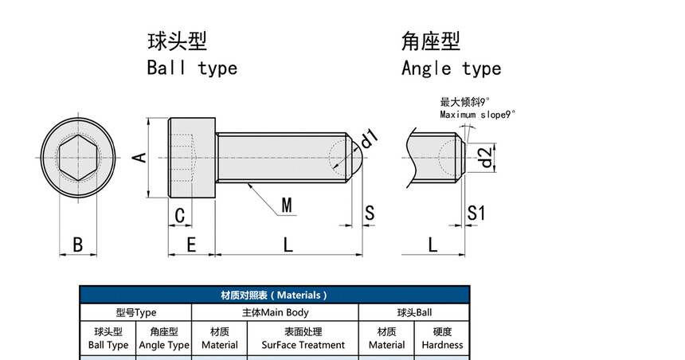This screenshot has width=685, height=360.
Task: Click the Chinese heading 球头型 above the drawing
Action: (177, 41)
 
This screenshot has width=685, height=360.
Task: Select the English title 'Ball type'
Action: (192, 68)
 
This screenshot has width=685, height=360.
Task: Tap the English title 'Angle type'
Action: (451, 68)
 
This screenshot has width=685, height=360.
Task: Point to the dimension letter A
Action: (139, 157)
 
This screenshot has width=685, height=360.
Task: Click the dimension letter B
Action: (78, 245)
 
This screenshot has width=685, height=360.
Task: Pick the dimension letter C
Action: (180, 215)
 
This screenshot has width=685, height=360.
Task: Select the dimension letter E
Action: (191, 245)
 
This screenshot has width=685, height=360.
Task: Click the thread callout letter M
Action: (287, 205)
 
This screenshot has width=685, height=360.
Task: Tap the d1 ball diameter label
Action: (369, 140)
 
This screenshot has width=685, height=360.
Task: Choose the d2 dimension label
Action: (486, 157)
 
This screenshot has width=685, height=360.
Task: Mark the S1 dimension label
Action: (476, 213)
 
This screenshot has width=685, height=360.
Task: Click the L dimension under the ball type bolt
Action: (288, 245)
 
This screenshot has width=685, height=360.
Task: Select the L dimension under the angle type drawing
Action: (433, 245)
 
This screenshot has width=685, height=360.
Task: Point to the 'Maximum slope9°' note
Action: (478, 115)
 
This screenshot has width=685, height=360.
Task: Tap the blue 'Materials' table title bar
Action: (274, 295)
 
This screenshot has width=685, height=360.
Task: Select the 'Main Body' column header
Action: (275, 313)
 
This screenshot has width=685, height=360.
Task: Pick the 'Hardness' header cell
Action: (442, 338)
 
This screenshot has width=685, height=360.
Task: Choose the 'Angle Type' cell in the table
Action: (164, 338)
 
